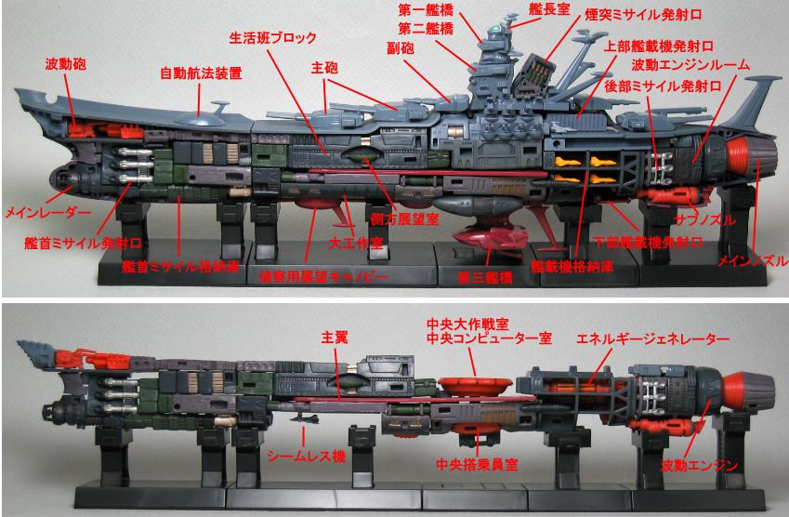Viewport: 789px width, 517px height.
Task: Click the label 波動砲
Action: click(65, 64)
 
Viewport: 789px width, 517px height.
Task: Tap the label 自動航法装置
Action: click(201, 73)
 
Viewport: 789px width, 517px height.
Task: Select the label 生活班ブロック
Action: click(272, 38)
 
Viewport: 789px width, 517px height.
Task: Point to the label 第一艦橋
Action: click(426, 10)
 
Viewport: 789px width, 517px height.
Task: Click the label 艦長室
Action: click(549, 8)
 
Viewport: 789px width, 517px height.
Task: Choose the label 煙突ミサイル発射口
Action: click(643, 15)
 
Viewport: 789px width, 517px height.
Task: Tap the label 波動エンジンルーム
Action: click(690, 65)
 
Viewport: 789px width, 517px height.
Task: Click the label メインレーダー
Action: click(47, 212)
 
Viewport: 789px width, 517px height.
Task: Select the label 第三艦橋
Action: click(485, 277)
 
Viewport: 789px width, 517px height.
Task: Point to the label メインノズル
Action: click(752, 260)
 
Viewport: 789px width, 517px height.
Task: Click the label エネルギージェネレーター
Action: click(652, 338)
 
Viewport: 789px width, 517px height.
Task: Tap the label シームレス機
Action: click(306, 456)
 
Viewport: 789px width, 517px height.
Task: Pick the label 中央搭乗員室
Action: click(477, 464)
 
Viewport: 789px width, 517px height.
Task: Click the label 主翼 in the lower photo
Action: click(335, 338)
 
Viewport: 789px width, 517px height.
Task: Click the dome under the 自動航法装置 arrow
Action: click(200, 120)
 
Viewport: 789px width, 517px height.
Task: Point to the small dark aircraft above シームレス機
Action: click(305, 418)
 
